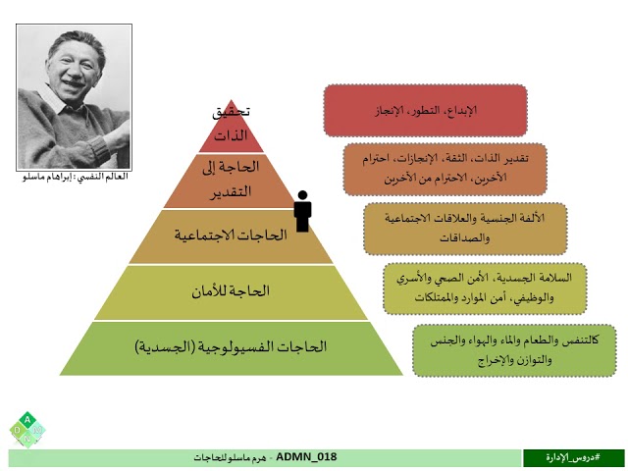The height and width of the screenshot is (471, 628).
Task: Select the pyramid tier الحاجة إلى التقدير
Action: (x=232, y=181)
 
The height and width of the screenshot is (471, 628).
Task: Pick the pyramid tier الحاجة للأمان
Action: (x=233, y=291)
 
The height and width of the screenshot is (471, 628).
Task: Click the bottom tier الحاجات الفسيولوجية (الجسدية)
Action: (x=233, y=347)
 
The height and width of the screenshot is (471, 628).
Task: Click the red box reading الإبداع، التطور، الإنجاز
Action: (x=424, y=110)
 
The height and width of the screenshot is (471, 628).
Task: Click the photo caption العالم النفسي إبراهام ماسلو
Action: (x=76, y=178)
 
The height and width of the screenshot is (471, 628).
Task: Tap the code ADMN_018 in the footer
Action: (x=308, y=457)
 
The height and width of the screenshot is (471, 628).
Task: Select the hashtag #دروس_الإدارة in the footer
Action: (x=573, y=458)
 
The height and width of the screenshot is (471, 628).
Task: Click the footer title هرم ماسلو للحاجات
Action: (x=232, y=458)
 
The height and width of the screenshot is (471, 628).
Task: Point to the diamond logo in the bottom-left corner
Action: (x=27, y=430)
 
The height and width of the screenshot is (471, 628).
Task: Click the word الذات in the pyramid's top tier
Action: (x=232, y=134)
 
